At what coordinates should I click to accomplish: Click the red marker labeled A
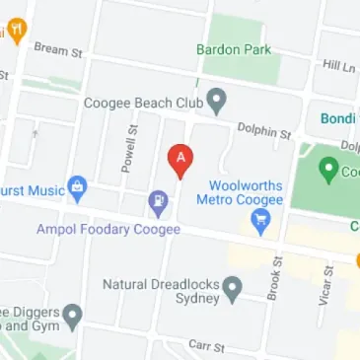[x=180, y=159]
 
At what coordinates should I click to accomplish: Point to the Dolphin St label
[x=264, y=129]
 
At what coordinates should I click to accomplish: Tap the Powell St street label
[x=128, y=150]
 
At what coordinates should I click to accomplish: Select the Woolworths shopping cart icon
[x=260, y=224]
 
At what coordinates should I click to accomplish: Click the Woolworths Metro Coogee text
[x=246, y=192]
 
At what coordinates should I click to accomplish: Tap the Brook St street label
[x=275, y=279]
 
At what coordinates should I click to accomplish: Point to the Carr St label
[x=208, y=347]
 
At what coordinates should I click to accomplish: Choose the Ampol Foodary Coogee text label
[x=108, y=230]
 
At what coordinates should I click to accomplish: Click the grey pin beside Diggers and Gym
[x=72, y=317]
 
